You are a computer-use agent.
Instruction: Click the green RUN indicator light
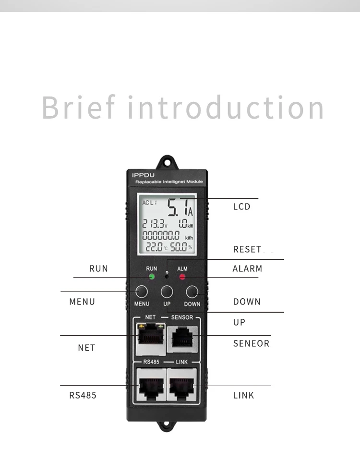[x=152, y=277]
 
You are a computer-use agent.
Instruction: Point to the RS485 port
[x=150, y=384]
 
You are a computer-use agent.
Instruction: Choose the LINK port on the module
[x=182, y=384]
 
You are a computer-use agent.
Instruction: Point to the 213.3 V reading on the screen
[x=154, y=224]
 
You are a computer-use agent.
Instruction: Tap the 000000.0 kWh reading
[x=162, y=235]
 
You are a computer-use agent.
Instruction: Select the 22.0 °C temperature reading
[x=156, y=247]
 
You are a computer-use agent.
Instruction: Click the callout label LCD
[x=242, y=207]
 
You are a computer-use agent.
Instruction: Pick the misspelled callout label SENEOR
[x=251, y=343]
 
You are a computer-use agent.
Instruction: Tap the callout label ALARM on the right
[x=248, y=269]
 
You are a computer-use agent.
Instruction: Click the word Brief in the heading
[x=79, y=108]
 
